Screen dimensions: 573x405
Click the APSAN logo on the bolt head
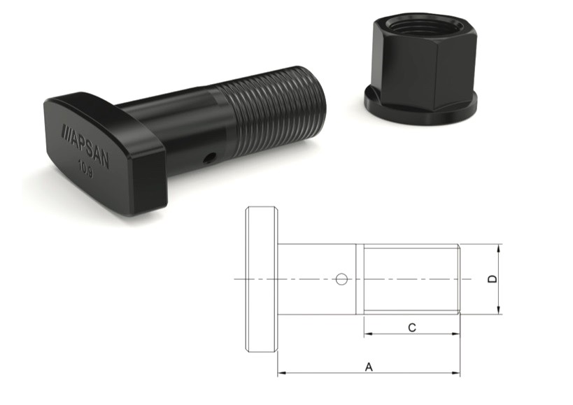(85, 146)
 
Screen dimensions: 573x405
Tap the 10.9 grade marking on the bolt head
(85, 170)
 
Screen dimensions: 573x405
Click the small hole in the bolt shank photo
(209, 158)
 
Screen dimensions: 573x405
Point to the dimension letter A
(369, 367)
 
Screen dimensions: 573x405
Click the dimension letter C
(412, 327)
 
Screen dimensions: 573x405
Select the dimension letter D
(493, 279)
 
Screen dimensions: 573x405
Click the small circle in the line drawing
(341, 279)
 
